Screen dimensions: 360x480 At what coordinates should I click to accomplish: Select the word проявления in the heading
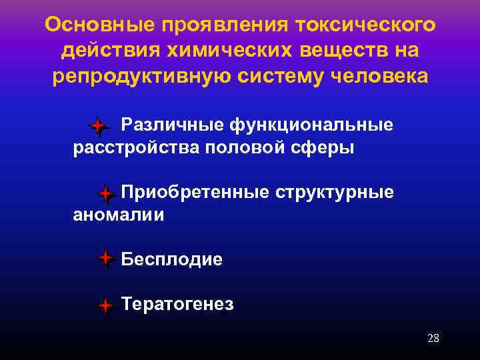(213, 25)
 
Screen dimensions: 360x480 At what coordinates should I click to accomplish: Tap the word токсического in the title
(358, 25)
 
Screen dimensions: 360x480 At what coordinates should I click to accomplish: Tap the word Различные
(172, 125)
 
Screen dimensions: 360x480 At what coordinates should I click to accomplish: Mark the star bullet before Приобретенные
(105, 194)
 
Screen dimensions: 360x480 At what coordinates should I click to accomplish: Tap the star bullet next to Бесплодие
(105, 259)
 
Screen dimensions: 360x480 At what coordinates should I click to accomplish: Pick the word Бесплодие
(172, 259)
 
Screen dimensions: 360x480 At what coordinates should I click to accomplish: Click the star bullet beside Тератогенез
(105, 307)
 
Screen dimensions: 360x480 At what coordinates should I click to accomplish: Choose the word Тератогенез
(177, 305)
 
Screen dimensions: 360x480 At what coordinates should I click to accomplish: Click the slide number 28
(433, 338)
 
